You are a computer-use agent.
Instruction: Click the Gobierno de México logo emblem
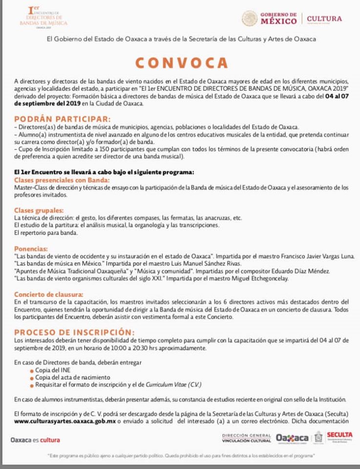(x=249, y=19)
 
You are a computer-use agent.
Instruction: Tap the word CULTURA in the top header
(x=324, y=19)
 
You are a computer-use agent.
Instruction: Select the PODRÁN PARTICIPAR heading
(x=63, y=119)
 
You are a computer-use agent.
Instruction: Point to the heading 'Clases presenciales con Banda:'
(x=55, y=180)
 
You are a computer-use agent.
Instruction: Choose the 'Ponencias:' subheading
(x=31, y=248)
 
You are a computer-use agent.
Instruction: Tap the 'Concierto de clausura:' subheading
(x=48, y=294)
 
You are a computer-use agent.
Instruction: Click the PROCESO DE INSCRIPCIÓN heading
(x=74, y=332)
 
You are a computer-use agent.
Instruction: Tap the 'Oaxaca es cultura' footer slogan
(x=36, y=440)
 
